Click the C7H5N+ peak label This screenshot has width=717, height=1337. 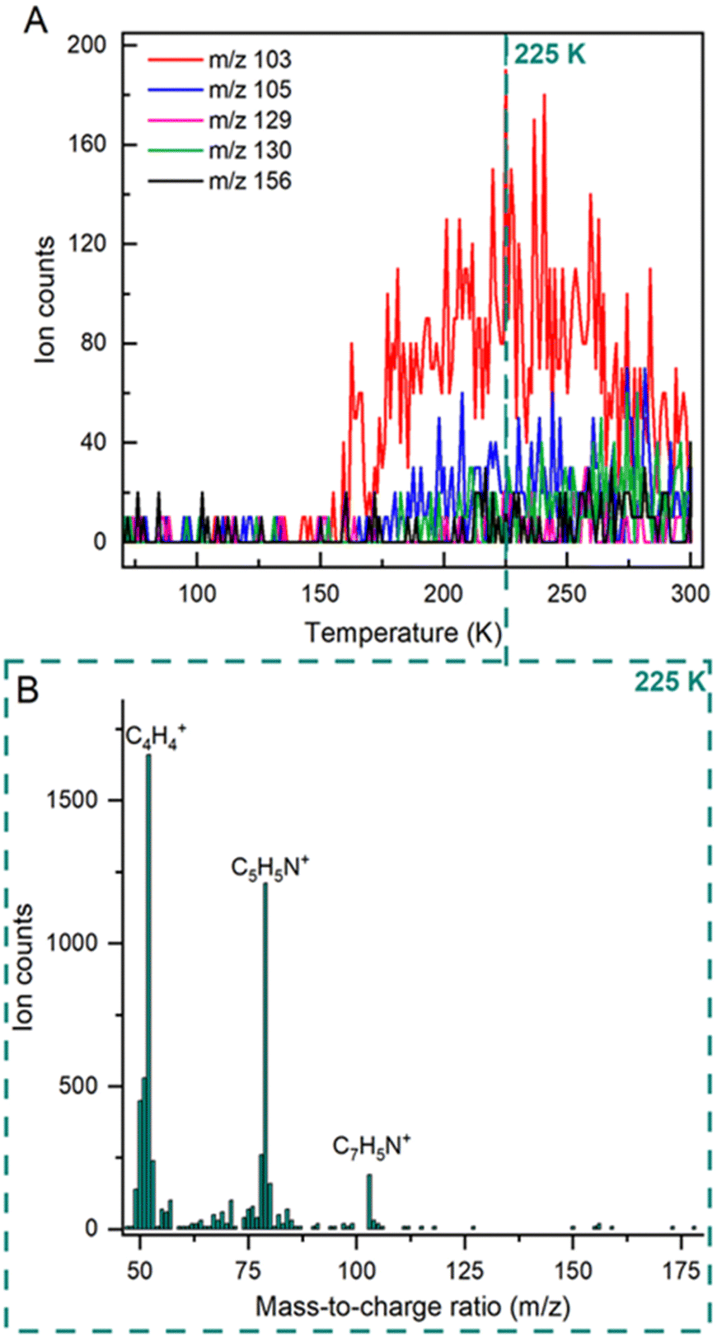(x=372, y=1146)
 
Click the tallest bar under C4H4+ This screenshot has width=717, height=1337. (x=149, y=990)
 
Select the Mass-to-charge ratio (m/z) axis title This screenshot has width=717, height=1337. (x=413, y=1306)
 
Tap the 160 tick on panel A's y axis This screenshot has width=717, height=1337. (x=87, y=144)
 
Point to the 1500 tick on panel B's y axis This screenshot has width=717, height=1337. (x=79, y=800)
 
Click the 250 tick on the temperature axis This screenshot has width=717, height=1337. (x=567, y=594)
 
